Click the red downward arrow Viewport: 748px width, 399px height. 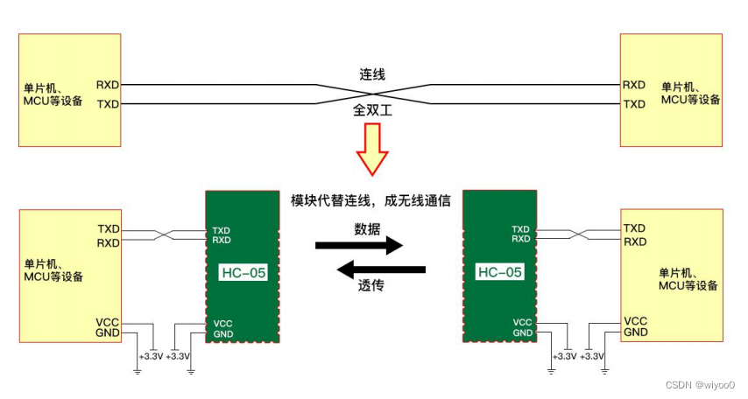tap(371, 147)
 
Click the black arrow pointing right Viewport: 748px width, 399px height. tap(358, 245)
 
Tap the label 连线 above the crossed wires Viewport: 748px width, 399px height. tap(372, 74)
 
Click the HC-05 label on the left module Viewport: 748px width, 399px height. tap(243, 272)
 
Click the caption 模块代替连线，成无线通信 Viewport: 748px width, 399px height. tap(370, 200)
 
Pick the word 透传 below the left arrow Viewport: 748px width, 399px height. tap(370, 286)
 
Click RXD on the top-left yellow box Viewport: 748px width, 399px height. tap(109, 86)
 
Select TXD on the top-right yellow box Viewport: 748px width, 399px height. tap(634, 104)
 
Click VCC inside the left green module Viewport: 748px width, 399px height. tap(222, 324)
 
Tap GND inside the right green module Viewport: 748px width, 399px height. tap(522, 332)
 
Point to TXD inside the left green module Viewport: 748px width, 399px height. tap(222, 231)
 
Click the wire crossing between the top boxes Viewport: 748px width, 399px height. tap(372, 94)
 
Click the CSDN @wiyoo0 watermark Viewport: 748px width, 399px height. tap(700, 385)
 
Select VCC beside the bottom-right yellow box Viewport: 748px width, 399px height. tap(636, 321)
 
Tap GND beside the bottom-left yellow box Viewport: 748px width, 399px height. tap(107, 333)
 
